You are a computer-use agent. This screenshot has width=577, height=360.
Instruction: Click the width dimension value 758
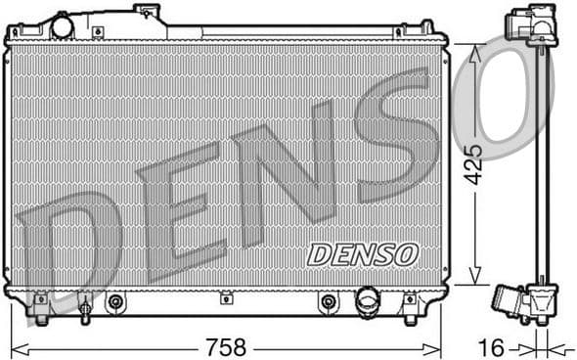226,346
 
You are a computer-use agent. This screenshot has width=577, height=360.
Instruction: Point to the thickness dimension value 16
496,346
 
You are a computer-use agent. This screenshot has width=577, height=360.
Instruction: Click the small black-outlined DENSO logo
362,254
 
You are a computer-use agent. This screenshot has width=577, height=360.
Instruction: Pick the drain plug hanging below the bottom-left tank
85,313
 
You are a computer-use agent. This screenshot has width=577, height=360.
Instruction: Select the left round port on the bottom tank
116,302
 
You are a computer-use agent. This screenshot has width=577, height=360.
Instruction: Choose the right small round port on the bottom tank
328,302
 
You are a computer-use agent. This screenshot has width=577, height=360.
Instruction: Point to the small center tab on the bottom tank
225,297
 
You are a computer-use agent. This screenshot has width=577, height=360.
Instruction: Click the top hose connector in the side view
528,23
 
